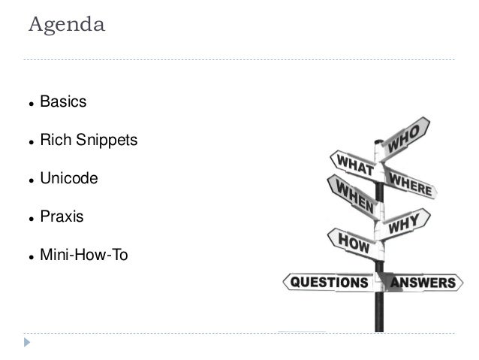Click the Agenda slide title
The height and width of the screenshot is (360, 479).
pos(66,25)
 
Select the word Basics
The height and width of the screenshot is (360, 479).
pos(63,101)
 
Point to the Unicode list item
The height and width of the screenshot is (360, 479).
pos(68,179)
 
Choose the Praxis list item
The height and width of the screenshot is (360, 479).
pos(62,217)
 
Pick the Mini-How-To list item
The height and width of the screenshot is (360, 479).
pos(84,256)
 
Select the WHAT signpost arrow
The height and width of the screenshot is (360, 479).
pos(351,165)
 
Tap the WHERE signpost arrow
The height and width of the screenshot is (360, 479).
pos(410,182)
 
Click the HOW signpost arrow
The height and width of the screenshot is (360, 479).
pos(351,242)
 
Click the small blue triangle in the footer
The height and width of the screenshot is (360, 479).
pos(28,343)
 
